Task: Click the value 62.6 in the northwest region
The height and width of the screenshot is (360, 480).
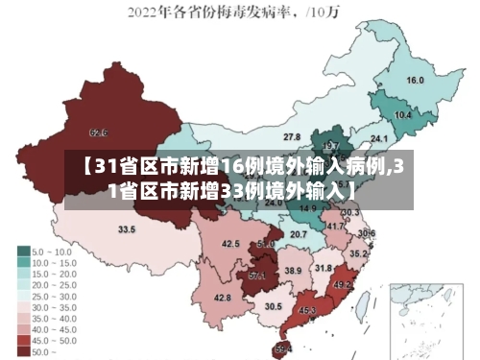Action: click(x=98, y=132)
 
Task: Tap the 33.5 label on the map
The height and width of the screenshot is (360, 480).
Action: click(x=127, y=229)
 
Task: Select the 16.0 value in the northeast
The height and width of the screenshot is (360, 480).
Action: click(x=416, y=81)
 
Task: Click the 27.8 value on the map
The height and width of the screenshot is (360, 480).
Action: click(x=291, y=137)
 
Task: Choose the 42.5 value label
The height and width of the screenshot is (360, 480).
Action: click(x=230, y=244)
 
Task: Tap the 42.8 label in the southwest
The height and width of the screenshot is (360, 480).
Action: click(x=223, y=299)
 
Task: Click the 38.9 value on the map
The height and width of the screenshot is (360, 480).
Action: click(x=293, y=272)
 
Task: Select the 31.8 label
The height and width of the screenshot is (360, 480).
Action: click(x=324, y=269)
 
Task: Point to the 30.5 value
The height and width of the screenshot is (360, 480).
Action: click(x=274, y=306)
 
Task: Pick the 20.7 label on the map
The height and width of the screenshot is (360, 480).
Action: click(x=299, y=234)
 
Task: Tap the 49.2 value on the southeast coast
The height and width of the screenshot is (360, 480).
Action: click(x=343, y=284)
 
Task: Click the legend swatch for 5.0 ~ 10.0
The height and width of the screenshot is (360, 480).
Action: click(x=23, y=250)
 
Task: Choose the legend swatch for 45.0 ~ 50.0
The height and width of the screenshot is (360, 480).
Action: click(x=23, y=340)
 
